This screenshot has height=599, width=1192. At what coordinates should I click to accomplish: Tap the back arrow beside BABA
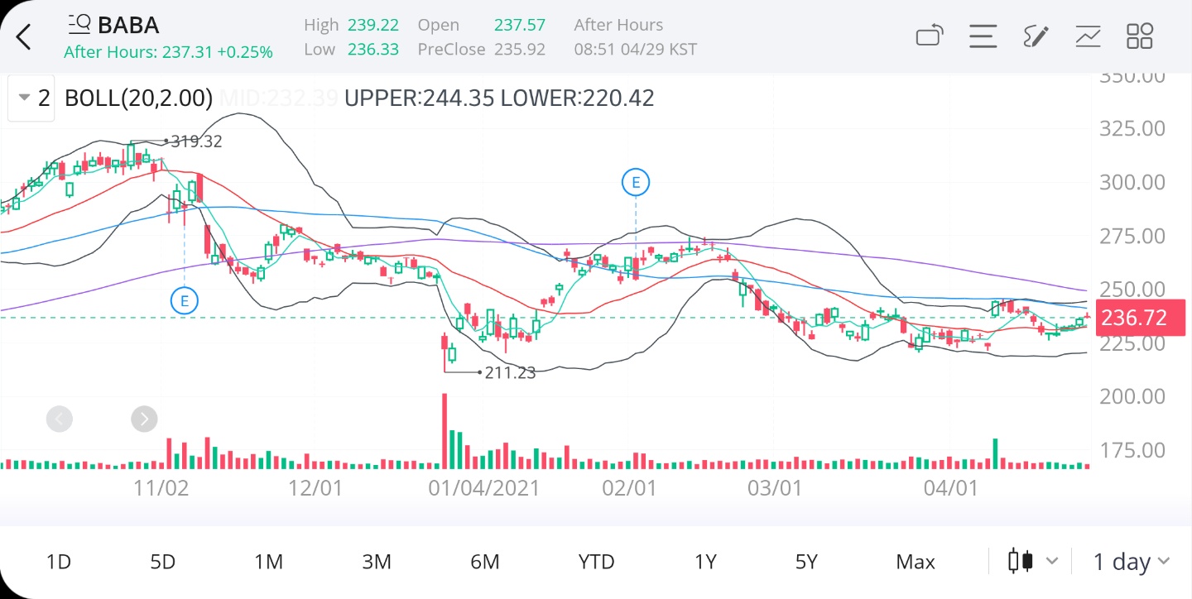point(24,36)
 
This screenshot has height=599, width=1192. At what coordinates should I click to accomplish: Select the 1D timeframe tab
point(58,562)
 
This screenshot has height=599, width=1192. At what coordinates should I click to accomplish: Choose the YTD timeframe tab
point(596,562)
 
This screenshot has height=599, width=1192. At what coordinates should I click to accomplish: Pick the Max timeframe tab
point(915,562)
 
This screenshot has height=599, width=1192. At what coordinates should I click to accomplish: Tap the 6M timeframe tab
point(484,562)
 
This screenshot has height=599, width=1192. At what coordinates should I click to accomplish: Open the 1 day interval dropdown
point(1131,562)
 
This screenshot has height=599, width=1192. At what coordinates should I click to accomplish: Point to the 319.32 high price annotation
point(196,141)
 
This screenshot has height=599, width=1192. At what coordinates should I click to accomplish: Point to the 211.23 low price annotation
point(510,372)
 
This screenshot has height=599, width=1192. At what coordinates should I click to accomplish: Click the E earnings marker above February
point(636,182)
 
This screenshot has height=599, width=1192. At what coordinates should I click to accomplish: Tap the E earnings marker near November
point(184,300)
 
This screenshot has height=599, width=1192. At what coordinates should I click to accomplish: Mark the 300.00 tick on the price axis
point(1130,183)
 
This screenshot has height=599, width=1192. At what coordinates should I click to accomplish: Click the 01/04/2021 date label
point(483,488)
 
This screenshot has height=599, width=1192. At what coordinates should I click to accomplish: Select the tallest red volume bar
point(445,430)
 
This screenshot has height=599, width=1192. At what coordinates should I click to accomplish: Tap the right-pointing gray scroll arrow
point(144,419)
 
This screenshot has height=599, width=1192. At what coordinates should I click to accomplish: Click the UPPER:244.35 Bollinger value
point(419,98)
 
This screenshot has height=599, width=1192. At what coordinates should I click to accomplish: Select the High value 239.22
point(372,25)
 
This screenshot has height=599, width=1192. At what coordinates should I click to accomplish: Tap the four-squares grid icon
point(1140,36)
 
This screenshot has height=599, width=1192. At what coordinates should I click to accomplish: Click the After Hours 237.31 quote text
point(168,52)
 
